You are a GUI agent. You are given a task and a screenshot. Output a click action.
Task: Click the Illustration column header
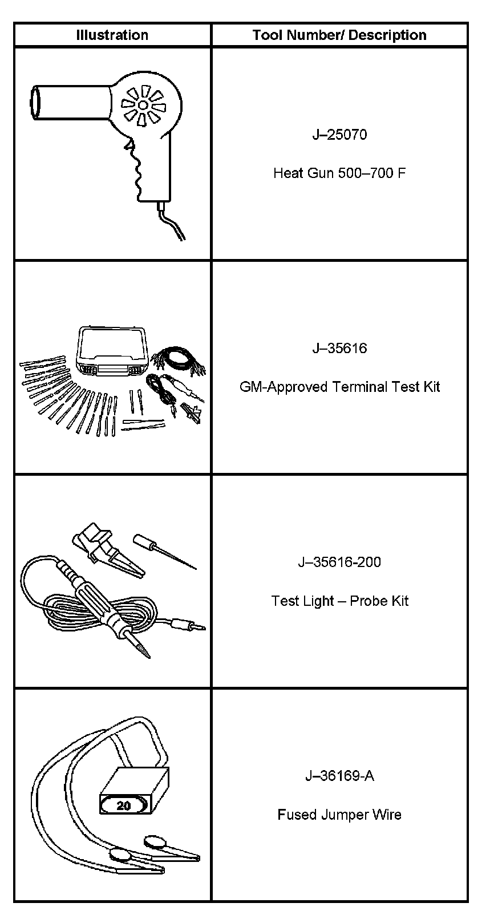(x=112, y=35)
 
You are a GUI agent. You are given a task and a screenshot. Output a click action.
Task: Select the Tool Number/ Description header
(x=339, y=35)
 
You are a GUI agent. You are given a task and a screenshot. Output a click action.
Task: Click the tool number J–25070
(x=339, y=135)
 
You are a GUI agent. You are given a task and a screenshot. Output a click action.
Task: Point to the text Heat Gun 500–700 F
(x=339, y=173)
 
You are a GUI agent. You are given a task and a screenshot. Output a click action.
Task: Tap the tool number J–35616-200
(x=339, y=562)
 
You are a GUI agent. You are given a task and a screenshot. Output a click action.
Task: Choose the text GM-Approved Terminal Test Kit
(x=339, y=387)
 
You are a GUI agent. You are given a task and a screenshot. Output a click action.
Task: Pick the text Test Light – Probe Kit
(x=339, y=601)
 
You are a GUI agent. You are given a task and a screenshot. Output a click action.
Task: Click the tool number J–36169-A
(x=339, y=776)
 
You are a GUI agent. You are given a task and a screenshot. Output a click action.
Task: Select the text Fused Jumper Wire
(x=339, y=814)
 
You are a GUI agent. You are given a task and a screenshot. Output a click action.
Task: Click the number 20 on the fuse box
(x=124, y=805)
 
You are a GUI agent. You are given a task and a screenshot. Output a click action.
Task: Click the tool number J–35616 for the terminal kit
(x=339, y=349)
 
